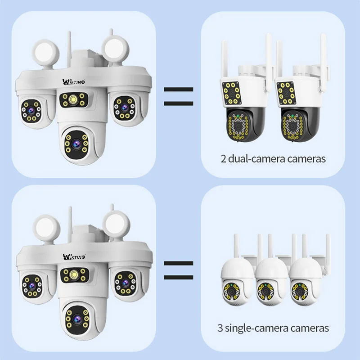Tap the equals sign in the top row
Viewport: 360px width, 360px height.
(x=178, y=96)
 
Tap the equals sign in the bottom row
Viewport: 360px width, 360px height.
(x=178, y=270)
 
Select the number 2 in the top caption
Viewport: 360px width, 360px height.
(x=223, y=158)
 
